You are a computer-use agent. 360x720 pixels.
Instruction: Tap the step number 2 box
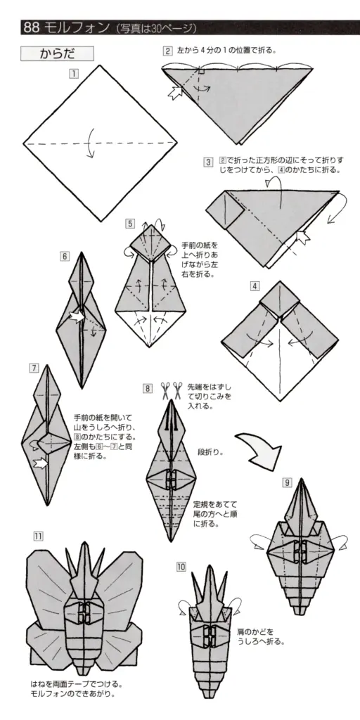pyautogui.click(x=168, y=51)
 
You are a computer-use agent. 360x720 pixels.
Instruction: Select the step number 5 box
pyautogui.click(x=130, y=224)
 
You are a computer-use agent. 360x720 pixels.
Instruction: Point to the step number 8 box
pyautogui.click(x=148, y=388)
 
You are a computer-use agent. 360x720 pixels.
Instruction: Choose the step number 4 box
pyautogui.click(x=255, y=285)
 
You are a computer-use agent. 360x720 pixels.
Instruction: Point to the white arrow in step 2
pyautogui.click(x=174, y=92)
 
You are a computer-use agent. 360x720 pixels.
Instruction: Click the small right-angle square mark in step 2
pyautogui.click(x=201, y=72)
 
